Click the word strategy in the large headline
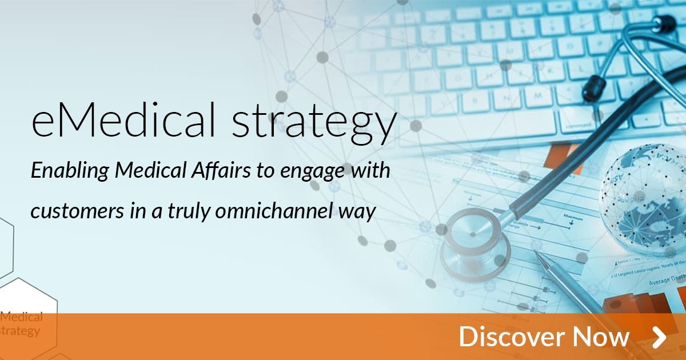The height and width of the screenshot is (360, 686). tap(313, 123)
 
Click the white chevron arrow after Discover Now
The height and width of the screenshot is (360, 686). tap(659, 337)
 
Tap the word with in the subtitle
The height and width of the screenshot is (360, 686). tap(371, 170)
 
